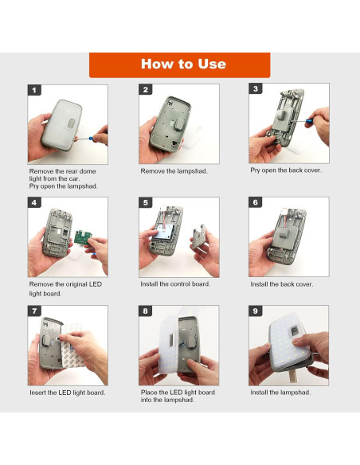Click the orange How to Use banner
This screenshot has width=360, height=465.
tap(180, 65)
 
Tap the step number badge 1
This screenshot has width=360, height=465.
tap(34, 90)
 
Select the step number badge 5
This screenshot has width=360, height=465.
tap(145, 202)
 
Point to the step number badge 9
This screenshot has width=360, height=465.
tap(256, 311)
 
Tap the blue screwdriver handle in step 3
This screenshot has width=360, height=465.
tap(309, 121)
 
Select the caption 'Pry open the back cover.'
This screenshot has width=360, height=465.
tap(286, 170)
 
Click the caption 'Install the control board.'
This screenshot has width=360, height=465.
tap(175, 283)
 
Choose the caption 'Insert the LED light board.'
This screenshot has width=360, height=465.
tap(68, 393)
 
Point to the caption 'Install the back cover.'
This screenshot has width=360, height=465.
tap(281, 284)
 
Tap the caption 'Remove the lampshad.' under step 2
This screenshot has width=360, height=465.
tap(174, 171)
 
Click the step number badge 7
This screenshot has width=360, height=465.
tap(34, 311)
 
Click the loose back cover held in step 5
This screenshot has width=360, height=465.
tap(198, 236)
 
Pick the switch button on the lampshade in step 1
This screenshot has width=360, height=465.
tap(71, 123)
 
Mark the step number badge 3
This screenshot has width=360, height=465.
tap(256, 89)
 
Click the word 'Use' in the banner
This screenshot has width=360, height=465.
tap(212, 64)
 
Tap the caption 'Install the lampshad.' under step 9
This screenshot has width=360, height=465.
tap(280, 393)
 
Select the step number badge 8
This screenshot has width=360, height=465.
tap(145, 311)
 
